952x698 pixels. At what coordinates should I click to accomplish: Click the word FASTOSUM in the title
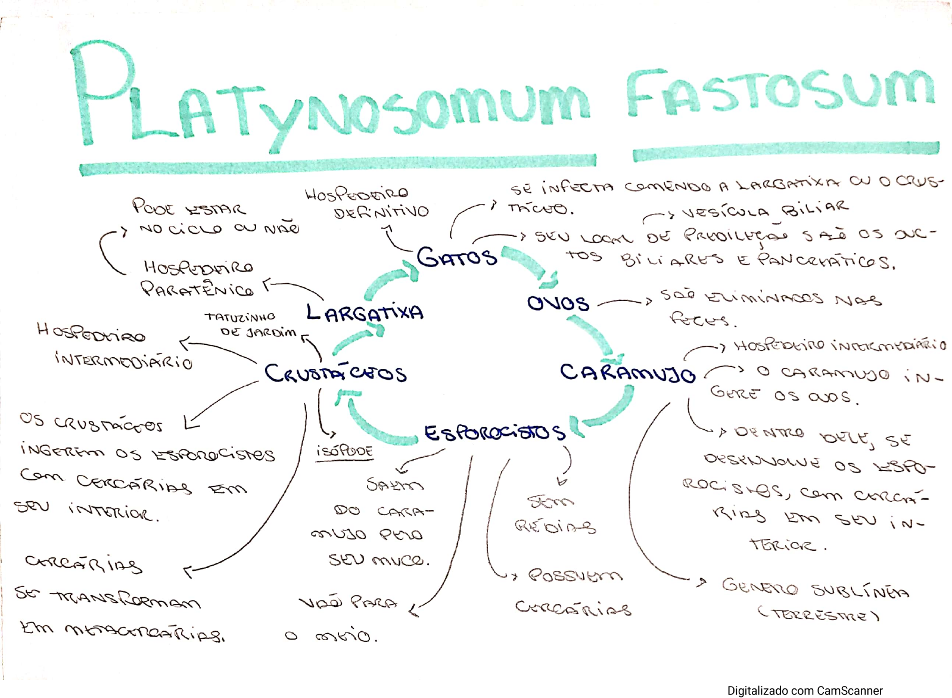click(780, 92)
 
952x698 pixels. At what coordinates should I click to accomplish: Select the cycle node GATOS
click(456, 257)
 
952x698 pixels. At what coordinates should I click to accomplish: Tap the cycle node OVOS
click(558, 303)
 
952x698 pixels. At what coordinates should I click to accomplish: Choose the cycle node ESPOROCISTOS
click(494, 432)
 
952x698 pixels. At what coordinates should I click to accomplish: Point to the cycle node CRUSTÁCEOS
click(335, 373)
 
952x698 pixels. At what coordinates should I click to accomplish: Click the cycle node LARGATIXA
click(365, 312)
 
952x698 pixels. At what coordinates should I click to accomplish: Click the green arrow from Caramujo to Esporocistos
click(611, 408)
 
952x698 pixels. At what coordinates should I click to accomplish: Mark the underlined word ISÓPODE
click(344, 451)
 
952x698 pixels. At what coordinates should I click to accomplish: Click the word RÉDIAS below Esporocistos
click(555, 526)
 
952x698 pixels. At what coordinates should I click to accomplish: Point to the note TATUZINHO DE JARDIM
click(250, 325)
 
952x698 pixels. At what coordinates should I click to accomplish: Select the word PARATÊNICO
click(197, 289)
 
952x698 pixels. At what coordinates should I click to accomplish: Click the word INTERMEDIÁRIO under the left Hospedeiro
click(124, 360)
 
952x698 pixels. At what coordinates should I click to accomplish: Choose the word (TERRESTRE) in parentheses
click(818, 614)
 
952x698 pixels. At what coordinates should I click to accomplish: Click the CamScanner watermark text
click(804, 690)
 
